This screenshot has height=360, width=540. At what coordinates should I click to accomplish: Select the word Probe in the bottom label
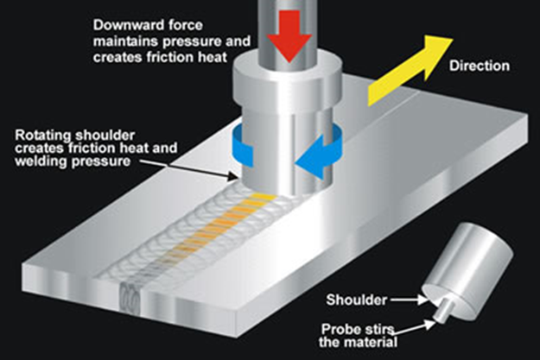[345, 329]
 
